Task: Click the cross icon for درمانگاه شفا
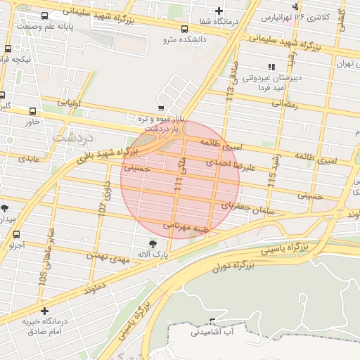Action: (x=219, y=11)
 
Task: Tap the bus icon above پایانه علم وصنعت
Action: (x=45, y=15)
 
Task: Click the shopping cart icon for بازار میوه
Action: (x=161, y=108)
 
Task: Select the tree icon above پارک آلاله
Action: (x=153, y=242)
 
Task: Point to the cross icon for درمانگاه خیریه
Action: (x=45, y=311)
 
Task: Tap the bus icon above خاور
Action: (x=33, y=111)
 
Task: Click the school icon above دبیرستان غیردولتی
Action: (x=271, y=67)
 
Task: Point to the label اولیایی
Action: (x=69, y=103)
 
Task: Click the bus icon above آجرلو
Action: (x=17, y=235)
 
